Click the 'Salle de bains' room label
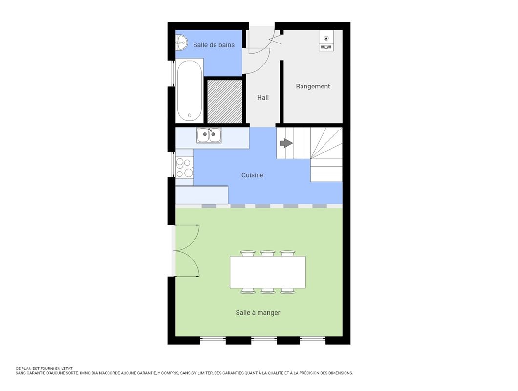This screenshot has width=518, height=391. [x=214, y=45]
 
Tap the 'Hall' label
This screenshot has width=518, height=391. [x=263, y=97]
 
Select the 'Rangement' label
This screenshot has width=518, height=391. [x=313, y=87]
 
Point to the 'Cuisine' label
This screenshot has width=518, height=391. [x=252, y=175]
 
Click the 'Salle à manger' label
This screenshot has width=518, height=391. [x=258, y=313]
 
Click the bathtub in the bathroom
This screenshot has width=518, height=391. [x=189, y=91]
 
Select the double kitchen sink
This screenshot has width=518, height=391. [x=209, y=135]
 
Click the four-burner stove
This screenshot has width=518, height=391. [x=185, y=168]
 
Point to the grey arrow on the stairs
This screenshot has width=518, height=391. [x=286, y=143]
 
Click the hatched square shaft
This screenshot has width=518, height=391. [x=225, y=102]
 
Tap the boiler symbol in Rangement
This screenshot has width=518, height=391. [x=326, y=41]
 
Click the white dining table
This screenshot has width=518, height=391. [x=268, y=272]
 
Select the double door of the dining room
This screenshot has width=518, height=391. [x=187, y=251]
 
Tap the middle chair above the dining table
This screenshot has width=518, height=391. [x=268, y=254]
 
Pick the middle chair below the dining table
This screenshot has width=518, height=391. [x=268, y=290]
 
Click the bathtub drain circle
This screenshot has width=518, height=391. [x=190, y=116]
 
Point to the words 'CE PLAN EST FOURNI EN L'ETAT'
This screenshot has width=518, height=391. [x=44, y=369]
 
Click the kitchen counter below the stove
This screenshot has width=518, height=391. [x=202, y=195]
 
